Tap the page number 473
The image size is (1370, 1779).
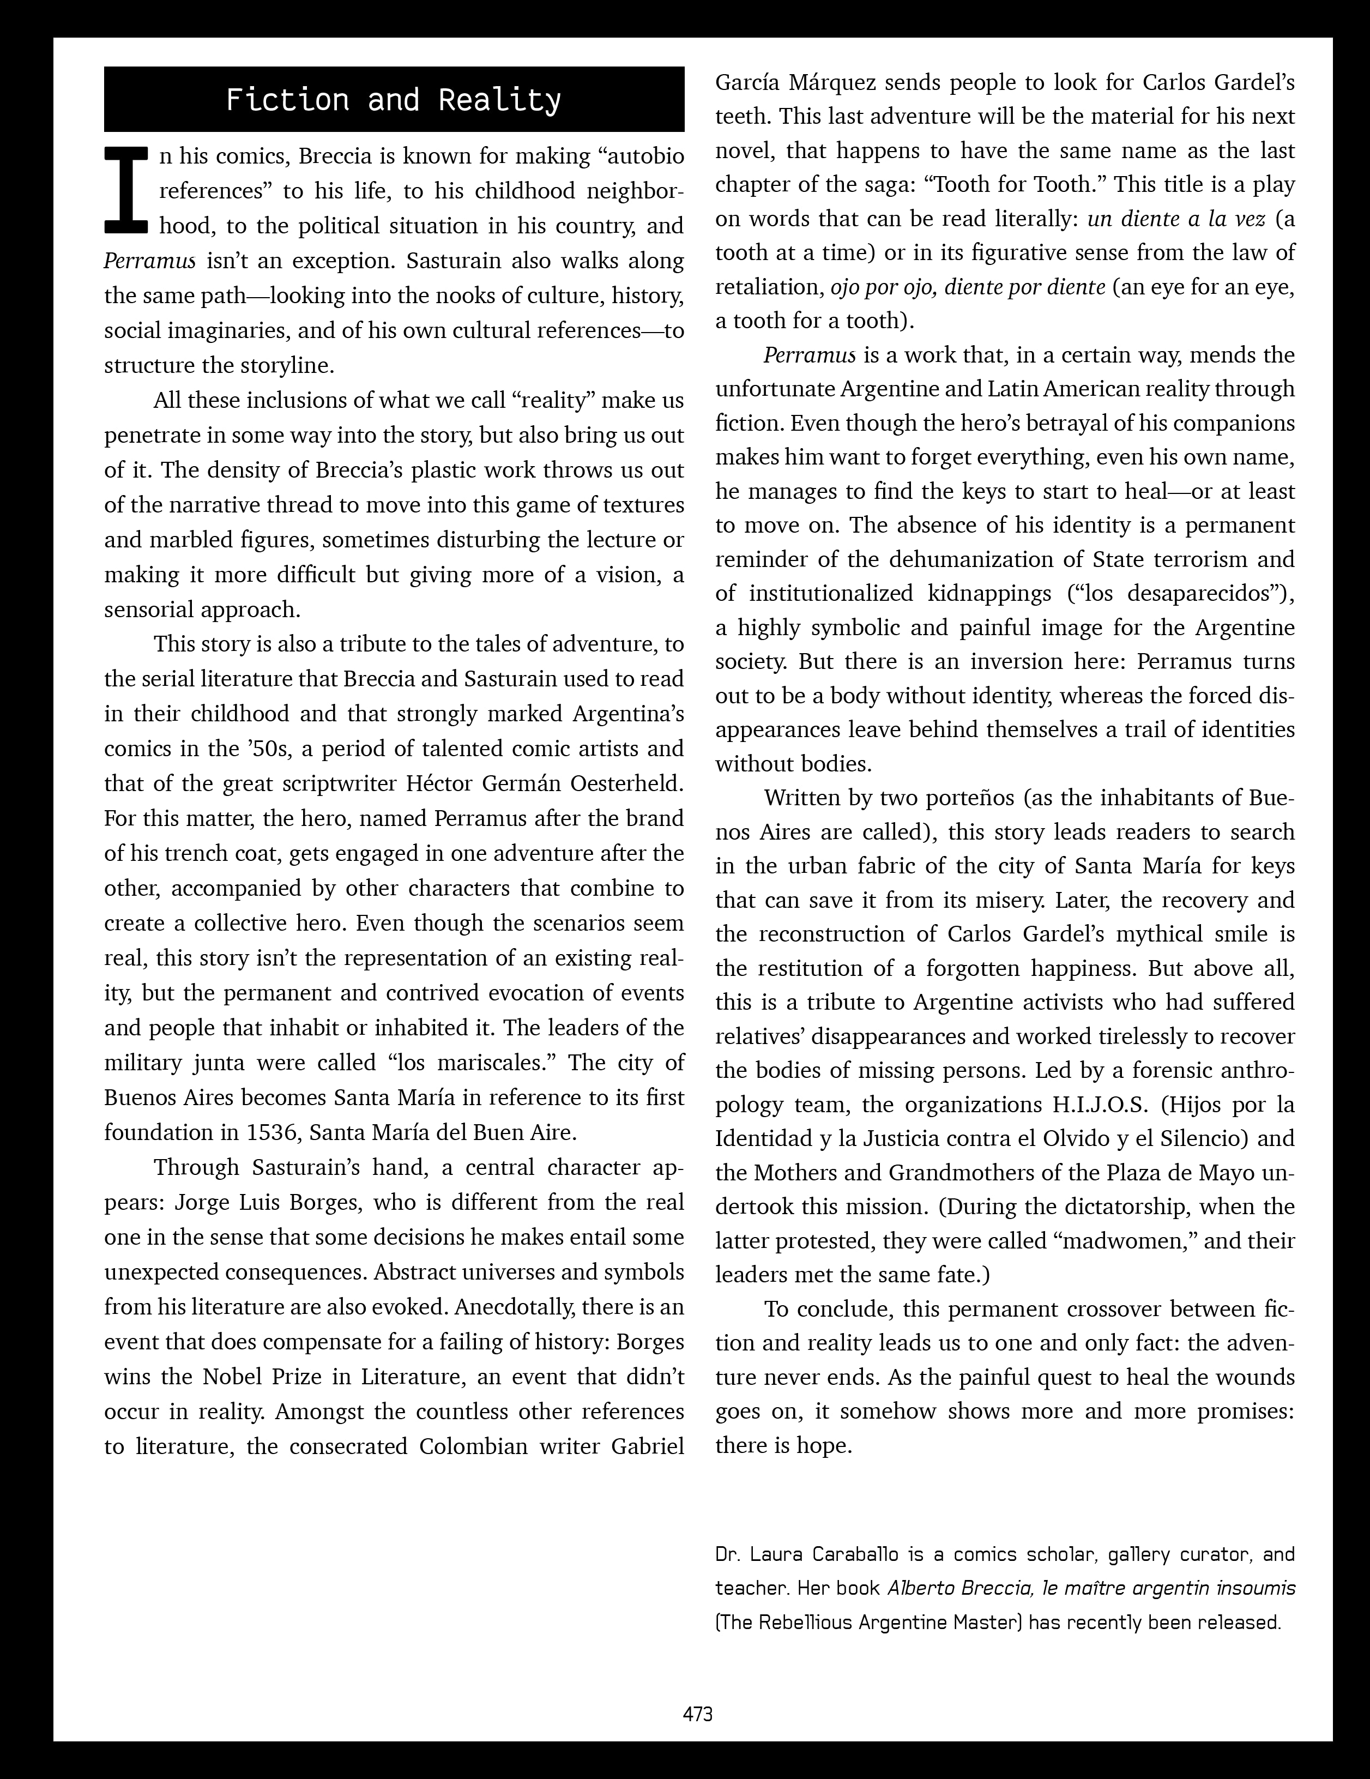coord(698,1714)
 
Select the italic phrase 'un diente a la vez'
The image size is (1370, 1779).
coord(1176,219)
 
